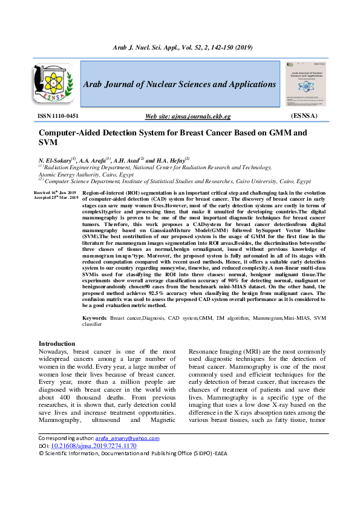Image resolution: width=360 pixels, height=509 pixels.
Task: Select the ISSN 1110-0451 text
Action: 58,115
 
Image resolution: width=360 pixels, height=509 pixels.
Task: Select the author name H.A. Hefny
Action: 171,160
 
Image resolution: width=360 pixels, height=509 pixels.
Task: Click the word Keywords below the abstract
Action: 94,317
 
